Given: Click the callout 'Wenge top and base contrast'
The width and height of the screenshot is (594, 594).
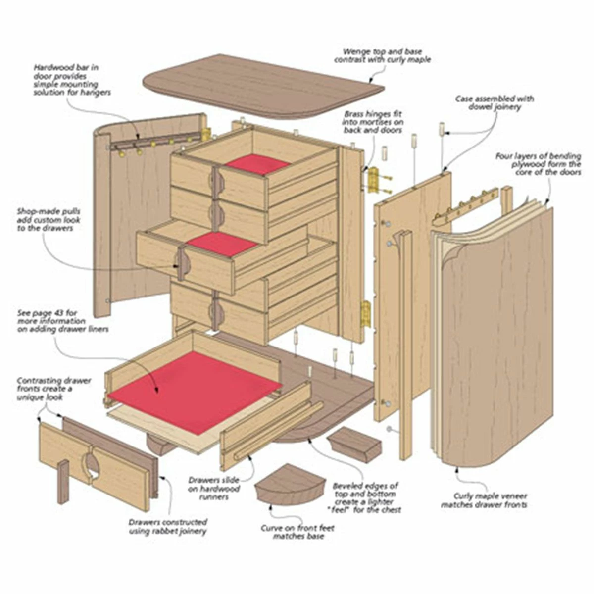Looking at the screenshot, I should pos(382,55).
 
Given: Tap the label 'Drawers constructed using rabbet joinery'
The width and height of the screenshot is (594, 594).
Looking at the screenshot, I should pos(168,527).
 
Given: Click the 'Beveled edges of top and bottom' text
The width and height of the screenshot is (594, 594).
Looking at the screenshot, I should pos(365,497).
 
